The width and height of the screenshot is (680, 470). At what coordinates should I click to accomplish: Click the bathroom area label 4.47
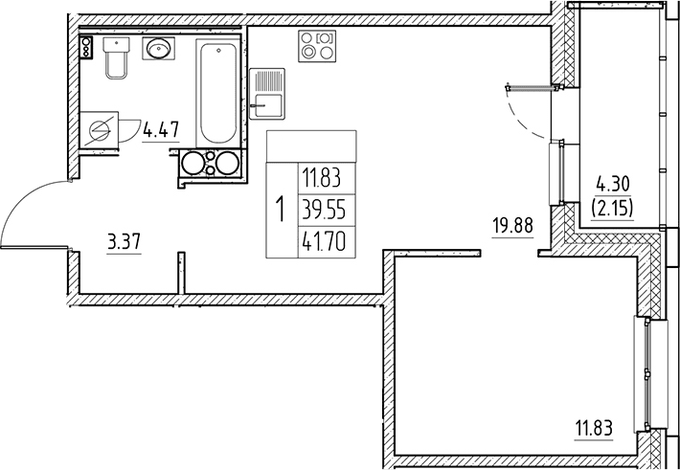(x=161, y=129)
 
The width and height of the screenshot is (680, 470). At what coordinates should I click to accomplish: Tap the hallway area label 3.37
(x=125, y=242)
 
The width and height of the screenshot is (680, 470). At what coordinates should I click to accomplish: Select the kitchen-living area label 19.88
(x=512, y=226)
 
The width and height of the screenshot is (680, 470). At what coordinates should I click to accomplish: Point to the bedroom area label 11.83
(x=594, y=429)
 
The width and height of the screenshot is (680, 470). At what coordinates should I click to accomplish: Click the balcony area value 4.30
(x=612, y=185)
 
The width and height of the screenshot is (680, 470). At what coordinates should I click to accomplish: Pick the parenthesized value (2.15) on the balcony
(x=612, y=208)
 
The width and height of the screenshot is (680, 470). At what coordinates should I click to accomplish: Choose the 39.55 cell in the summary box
(x=327, y=211)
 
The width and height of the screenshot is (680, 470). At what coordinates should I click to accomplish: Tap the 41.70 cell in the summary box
(x=327, y=242)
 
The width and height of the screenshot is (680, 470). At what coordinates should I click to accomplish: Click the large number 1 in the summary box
(x=282, y=209)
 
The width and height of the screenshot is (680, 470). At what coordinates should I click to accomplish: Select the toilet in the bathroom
(x=116, y=57)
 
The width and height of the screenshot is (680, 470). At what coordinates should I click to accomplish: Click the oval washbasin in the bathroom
(x=158, y=48)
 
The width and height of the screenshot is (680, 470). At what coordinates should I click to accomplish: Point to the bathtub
(x=218, y=93)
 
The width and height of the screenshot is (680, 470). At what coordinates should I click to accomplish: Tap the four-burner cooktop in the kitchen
(x=317, y=46)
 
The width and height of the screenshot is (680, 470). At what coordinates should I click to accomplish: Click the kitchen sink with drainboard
(x=267, y=94)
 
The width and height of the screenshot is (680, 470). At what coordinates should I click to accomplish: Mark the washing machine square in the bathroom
(x=100, y=129)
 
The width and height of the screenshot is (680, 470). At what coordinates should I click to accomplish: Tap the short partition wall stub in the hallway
(x=181, y=273)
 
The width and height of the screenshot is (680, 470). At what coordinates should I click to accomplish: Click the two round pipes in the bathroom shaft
(x=211, y=163)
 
